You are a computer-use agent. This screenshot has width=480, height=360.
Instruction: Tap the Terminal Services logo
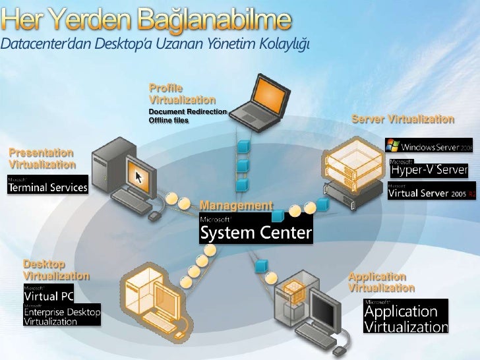[x=47, y=184]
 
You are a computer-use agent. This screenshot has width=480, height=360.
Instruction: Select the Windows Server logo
[x=429, y=145]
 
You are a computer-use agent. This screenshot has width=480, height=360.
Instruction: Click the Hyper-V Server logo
[x=429, y=168]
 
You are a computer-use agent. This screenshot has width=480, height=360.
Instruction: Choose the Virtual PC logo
[x=49, y=293]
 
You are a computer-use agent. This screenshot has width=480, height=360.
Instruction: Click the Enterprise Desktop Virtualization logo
[x=62, y=314]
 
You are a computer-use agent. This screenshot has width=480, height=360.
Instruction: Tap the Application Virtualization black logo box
[x=405, y=316]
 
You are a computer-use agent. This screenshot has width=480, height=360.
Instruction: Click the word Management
[x=235, y=206]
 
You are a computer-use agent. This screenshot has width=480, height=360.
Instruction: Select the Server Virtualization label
[x=403, y=119]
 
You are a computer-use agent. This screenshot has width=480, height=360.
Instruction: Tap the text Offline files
[x=169, y=121]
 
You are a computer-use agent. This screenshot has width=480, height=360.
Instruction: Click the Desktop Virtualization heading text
[x=56, y=270]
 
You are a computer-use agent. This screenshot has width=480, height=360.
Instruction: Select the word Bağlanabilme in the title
[x=214, y=20]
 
